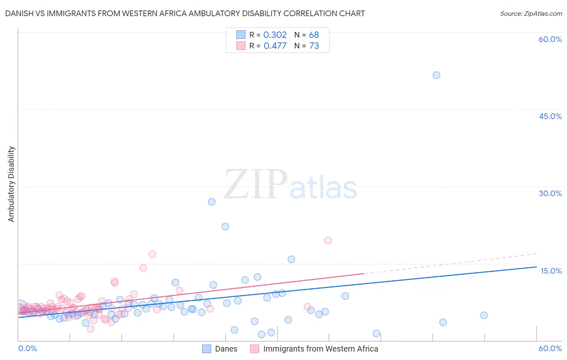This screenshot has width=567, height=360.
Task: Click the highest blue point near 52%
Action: point(436,75)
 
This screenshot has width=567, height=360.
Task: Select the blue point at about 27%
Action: point(212,202)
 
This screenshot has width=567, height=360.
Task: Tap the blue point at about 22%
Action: point(225,226)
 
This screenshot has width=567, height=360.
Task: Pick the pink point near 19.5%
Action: point(328,241)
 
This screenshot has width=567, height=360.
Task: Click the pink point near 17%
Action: point(152,254)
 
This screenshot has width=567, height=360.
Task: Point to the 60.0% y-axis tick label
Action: point(550,39)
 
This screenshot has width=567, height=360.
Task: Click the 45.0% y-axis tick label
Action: point(550,116)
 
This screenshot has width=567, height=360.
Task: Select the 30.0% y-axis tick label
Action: point(550,193)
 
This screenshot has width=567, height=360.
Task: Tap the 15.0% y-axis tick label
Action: point(551,271)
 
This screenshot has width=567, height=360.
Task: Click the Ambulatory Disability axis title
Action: point(11,184)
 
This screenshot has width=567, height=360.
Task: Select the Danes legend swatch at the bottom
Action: point(207,349)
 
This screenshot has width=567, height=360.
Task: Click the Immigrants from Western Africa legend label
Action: point(321,349)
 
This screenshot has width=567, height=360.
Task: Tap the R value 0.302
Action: point(275,35)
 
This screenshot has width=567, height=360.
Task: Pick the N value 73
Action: point(314,46)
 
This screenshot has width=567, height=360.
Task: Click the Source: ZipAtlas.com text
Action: point(531,14)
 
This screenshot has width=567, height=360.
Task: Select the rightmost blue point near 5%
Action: point(484,315)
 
